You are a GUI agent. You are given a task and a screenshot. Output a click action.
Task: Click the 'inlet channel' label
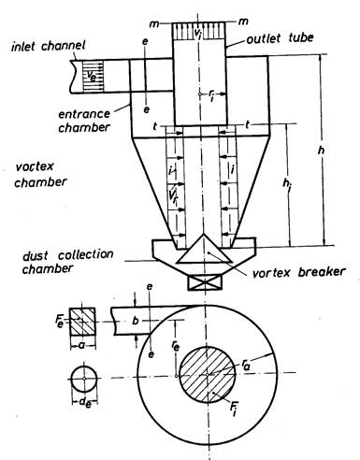[49, 47]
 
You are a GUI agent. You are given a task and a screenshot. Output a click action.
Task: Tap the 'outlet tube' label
[280, 38]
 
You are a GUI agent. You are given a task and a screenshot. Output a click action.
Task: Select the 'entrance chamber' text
[84, 121]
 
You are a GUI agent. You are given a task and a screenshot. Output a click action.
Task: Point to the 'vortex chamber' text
[40, 175]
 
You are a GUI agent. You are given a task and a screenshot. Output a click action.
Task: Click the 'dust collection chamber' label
[68, 262]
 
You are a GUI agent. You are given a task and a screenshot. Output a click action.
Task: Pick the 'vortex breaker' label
[299, 272]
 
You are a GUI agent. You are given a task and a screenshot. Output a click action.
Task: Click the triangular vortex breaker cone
[204, 251]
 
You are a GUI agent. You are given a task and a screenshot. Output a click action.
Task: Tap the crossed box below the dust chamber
[205, 282]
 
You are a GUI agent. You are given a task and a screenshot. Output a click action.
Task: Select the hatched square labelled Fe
[82, 322]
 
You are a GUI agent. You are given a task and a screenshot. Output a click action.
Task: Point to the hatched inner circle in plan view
[207, 375]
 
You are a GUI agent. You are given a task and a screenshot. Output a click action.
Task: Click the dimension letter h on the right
[321, 151]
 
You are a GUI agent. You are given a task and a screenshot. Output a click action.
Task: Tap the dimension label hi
[287, 183]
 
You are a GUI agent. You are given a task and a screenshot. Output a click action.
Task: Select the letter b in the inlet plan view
[136, 321]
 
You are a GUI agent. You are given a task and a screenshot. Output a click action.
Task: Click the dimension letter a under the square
[82, 345]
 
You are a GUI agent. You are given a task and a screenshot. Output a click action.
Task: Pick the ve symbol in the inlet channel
[91, 76]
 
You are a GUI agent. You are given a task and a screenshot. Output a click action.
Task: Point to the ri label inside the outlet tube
[211, 97]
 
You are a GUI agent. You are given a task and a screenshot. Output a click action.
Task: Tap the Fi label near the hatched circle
[233, 409]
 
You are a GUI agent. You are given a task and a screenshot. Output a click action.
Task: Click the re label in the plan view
[176, 346]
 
